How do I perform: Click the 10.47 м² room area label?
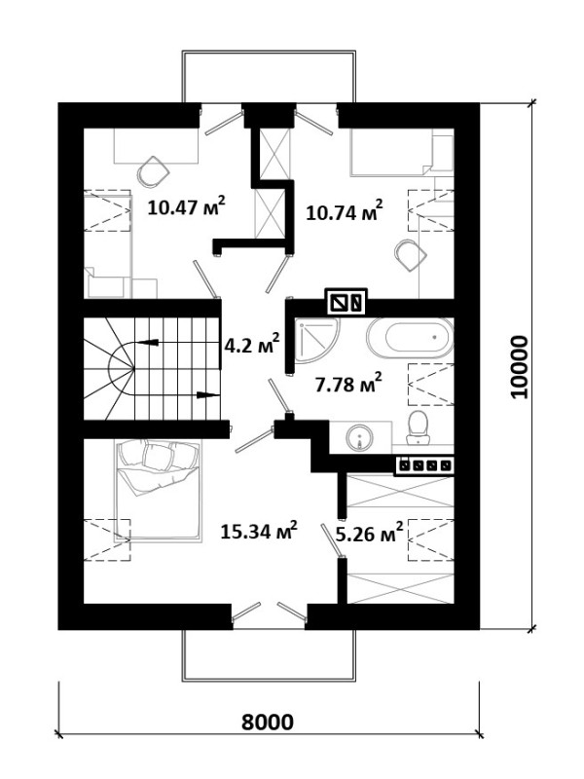187,206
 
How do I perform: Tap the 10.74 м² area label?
345,211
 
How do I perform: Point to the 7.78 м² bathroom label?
348,383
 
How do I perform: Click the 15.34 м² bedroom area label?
259,531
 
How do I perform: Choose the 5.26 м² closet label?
369,534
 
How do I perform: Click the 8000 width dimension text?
268,722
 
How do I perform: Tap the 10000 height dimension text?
520,367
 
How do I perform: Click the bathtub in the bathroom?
410,338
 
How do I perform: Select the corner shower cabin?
317,342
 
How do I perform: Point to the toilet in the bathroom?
419,427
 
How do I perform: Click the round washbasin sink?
360,437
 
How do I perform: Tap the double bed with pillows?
159,491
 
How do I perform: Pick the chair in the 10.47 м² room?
153,171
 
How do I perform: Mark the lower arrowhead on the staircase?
207,395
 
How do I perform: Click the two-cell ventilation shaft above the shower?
346,301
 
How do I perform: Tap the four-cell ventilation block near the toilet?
424,465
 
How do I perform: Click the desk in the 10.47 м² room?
157,146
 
